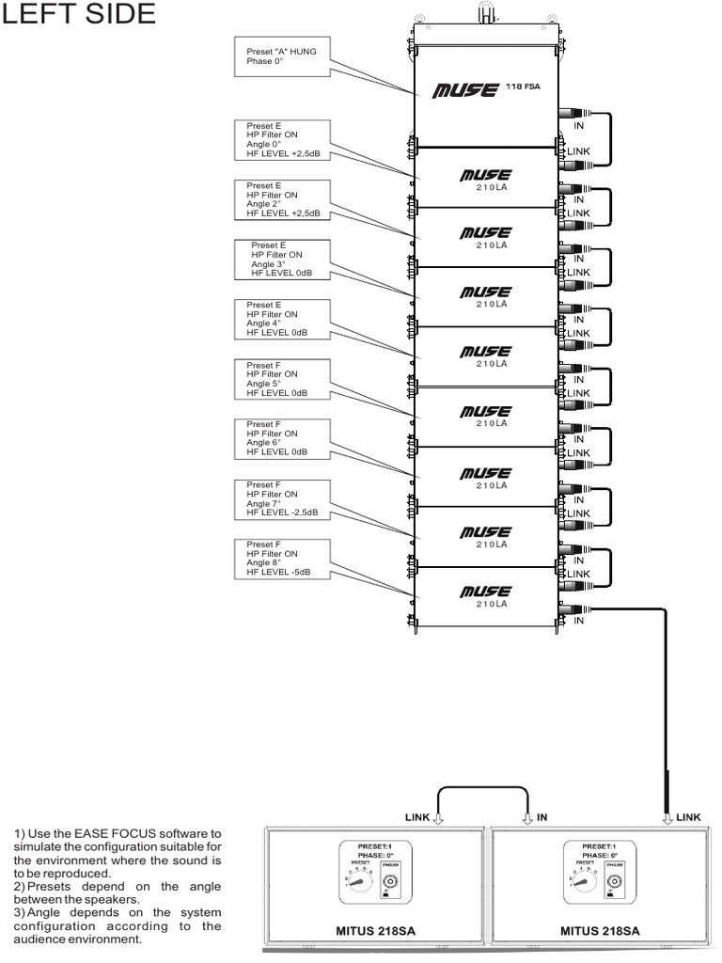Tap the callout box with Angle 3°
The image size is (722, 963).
point(286,259)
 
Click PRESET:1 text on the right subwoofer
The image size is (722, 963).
point(599,845)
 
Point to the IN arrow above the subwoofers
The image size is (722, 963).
point(528,817)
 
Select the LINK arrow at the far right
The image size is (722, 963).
point(669,817)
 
